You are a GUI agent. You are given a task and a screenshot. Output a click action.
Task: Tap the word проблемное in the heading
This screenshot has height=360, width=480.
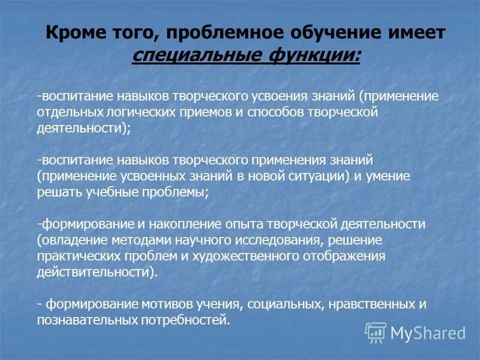214,34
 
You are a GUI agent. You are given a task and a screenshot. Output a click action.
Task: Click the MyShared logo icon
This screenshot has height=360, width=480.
376,332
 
